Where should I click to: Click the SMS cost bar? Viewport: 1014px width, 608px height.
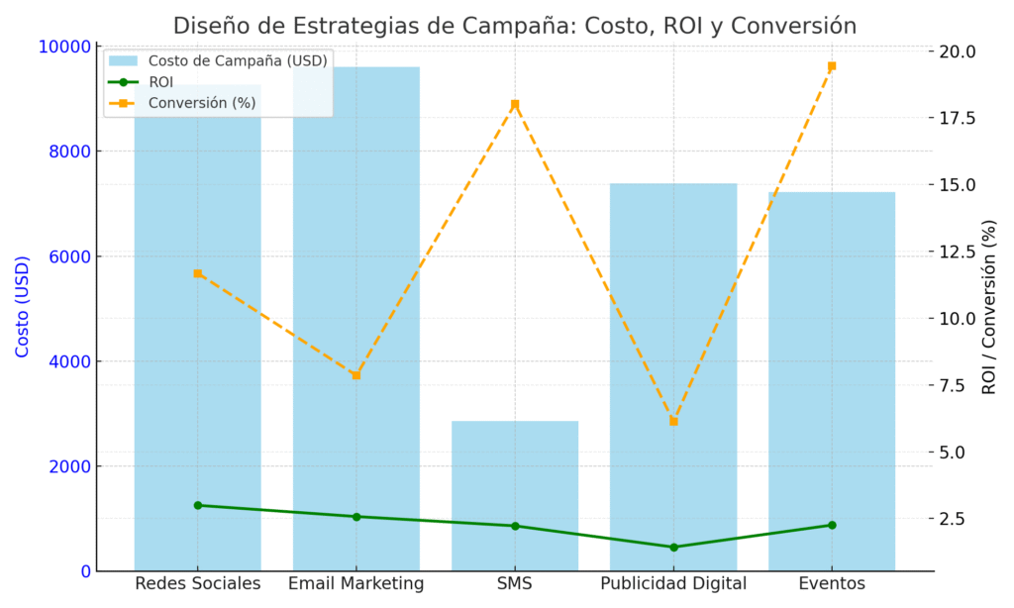coord(514,495)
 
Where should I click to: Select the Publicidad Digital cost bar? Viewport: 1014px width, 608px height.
coord(672,376)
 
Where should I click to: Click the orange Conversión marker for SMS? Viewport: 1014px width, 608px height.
coord(515,104)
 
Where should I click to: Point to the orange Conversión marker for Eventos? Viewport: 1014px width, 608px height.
coord(832,66)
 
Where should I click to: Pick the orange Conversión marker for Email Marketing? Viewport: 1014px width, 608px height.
coord(356,375)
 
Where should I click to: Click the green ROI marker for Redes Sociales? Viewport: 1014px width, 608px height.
coord(198,505)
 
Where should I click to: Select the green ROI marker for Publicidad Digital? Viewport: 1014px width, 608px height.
coord(673,547)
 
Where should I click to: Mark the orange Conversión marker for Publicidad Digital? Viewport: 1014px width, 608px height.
coord(673,421)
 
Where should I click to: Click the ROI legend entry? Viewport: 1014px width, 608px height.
coord(160,82)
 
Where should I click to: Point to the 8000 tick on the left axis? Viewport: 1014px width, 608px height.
coord(69,152)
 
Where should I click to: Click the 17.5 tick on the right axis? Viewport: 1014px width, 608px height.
coord(957,118)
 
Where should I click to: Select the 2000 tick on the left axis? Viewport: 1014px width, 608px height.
coord(69,466)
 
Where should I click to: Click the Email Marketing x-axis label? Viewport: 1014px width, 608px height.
coord(356,584)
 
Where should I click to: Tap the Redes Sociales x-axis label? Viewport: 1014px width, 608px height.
coord(198,584)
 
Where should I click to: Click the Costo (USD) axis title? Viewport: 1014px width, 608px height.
coord(23,307)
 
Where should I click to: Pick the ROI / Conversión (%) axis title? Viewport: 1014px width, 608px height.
coord(989,307)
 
